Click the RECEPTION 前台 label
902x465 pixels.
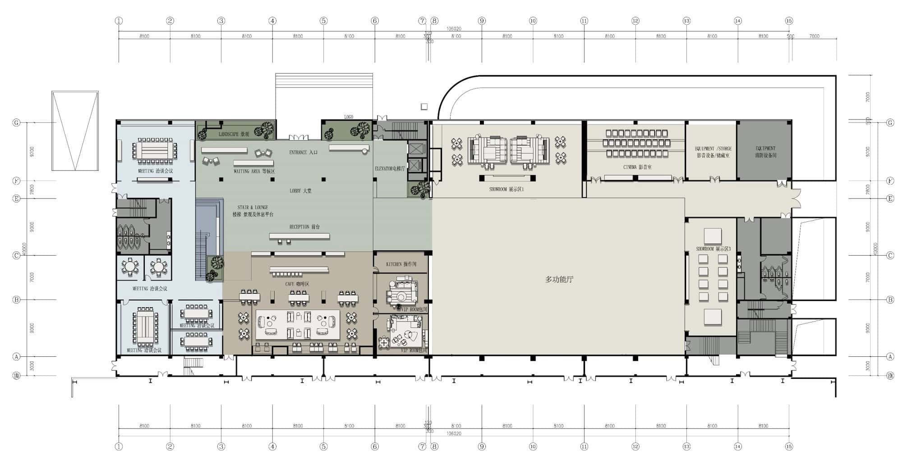tap(304, 227)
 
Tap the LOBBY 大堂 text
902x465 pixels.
tap(300, 191)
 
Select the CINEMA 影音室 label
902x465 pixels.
tap(637, 167)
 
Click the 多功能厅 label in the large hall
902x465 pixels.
tap(559, 280)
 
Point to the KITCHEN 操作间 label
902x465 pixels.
tap(401, 264)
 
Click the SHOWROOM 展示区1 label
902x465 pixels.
tap(506, 189)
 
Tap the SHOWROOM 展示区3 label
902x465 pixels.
tap(713, 249)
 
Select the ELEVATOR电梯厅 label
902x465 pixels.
tap(390, 169)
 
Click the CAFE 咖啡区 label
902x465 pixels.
tap(297, 284)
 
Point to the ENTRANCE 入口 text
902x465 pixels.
tap(303, 152)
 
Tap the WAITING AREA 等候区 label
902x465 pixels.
tap(254, 171)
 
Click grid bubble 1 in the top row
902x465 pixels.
tap(119, 21)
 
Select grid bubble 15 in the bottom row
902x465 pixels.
tap(789, 447)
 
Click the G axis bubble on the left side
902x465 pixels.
tap(17, 123)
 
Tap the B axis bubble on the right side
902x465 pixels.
tap(890, 299)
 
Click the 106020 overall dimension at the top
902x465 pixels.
tap(454, 28)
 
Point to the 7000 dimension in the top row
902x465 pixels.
tap(814, 36)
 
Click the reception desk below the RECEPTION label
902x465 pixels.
tap(299, 236)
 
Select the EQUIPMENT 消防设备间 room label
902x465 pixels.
tap(765, 152)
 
